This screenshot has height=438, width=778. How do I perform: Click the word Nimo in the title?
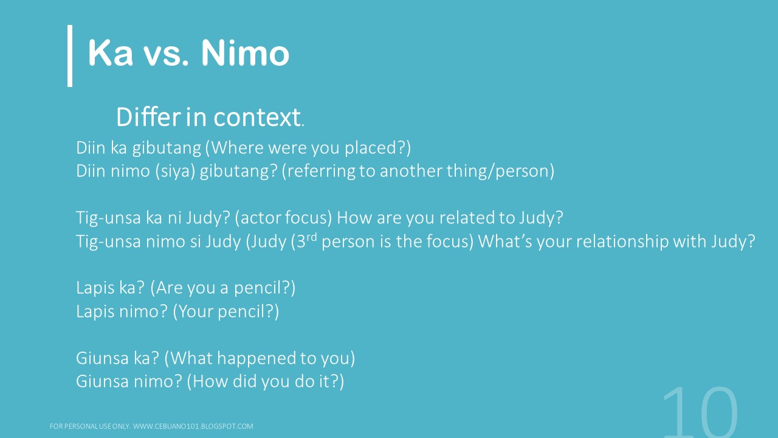tap(245, 54)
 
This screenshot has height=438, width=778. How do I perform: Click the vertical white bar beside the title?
tap(70, 55)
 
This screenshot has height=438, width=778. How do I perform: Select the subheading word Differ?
tap(148, 117)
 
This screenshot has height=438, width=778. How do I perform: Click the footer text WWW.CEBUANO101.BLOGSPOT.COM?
tap(193, 426)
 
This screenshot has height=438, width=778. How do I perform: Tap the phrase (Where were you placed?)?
tap(311, 148)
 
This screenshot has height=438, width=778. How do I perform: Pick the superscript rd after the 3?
tap(311, 237)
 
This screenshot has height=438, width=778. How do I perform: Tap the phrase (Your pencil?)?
tap(226, 311)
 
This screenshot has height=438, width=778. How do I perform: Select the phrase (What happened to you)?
tap(260, 358)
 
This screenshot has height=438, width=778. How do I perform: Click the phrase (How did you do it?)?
tap(266, 381)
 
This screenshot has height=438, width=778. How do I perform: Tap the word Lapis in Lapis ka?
tap(94, 287)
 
